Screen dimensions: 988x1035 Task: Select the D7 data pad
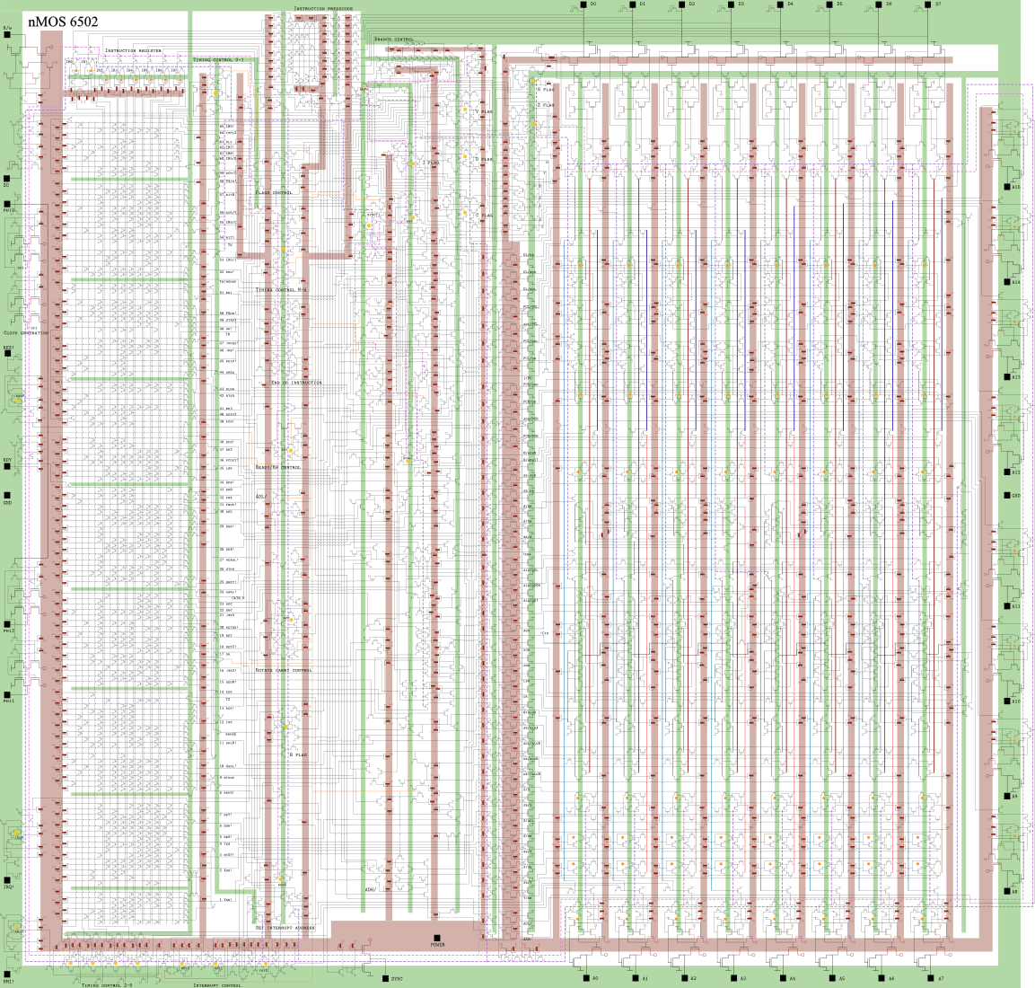click(x=928, y=4)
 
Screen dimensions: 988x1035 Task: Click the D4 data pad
click(x=780, y=4)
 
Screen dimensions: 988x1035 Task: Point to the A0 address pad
click(x=584, y=977)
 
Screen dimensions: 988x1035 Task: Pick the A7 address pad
click(x=929, y=977)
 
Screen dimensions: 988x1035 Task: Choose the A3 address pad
click(x=732, y=977)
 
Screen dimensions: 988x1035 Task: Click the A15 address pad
click(x=1006, y=186)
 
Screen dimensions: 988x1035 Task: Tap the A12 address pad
click(x=1006, y=472)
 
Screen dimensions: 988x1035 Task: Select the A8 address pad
click(x=1006, y=892)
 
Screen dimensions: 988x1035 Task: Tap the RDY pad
click(x=6, y=468)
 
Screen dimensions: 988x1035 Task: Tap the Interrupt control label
click(x=217, y=984)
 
